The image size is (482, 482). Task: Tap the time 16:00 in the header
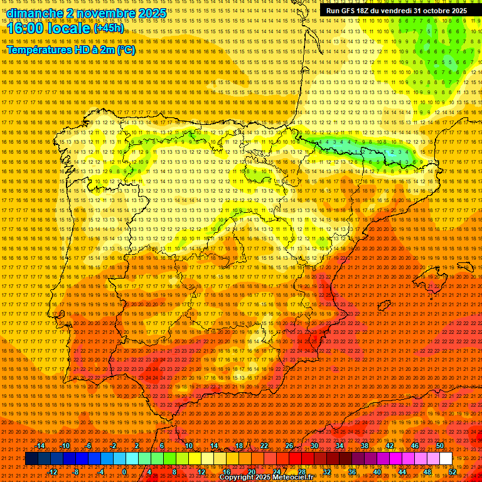coord(29,28)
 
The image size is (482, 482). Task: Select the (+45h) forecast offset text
coord(109,28)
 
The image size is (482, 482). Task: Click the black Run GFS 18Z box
coord(396,11)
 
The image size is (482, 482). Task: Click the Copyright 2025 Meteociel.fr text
coord(266,478)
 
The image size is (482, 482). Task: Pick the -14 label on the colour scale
coord(41,446)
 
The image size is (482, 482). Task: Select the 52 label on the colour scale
coord(453,472)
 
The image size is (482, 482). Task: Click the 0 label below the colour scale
coord(124,472)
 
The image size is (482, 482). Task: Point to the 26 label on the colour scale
coord(289,446)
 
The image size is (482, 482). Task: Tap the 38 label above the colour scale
coord(365,446)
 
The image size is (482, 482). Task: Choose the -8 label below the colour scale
coord(75,472)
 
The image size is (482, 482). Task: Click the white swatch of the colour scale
coord(446,459)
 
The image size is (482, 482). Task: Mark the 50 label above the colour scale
coord(440,446)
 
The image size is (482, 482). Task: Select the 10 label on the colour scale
coord(189,446)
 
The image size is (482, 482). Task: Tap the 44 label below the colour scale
coord(402,472)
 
